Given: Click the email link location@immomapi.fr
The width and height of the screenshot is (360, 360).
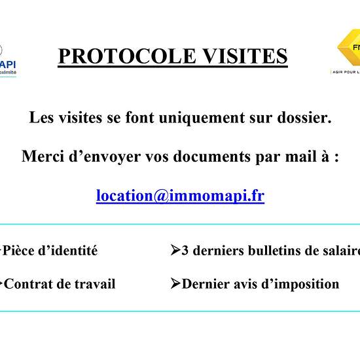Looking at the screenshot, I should [180, 195].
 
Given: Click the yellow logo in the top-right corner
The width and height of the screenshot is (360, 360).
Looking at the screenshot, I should [348, 49].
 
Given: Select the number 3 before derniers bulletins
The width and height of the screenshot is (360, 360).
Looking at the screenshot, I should [185, 250].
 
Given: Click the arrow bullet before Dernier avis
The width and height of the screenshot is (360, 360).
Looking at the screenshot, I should [175, 283].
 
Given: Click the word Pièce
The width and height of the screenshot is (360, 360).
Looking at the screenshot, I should [20, 250].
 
